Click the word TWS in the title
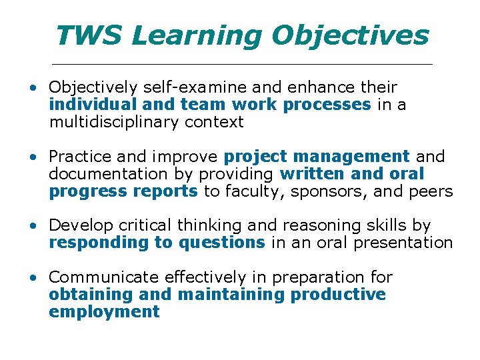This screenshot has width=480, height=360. (x=89, y=36)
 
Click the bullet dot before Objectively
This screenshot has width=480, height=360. (x=32, y=88)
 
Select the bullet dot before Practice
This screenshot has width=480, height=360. (x=32, y=157)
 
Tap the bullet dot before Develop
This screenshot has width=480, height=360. (x=32, y=227)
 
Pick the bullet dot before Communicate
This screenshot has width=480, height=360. (x=32, y=277)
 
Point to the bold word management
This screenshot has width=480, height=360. (x=351, y=157)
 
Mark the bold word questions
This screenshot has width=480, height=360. (x=221, y=243)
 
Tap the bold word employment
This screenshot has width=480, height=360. (x=104, y=311)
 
